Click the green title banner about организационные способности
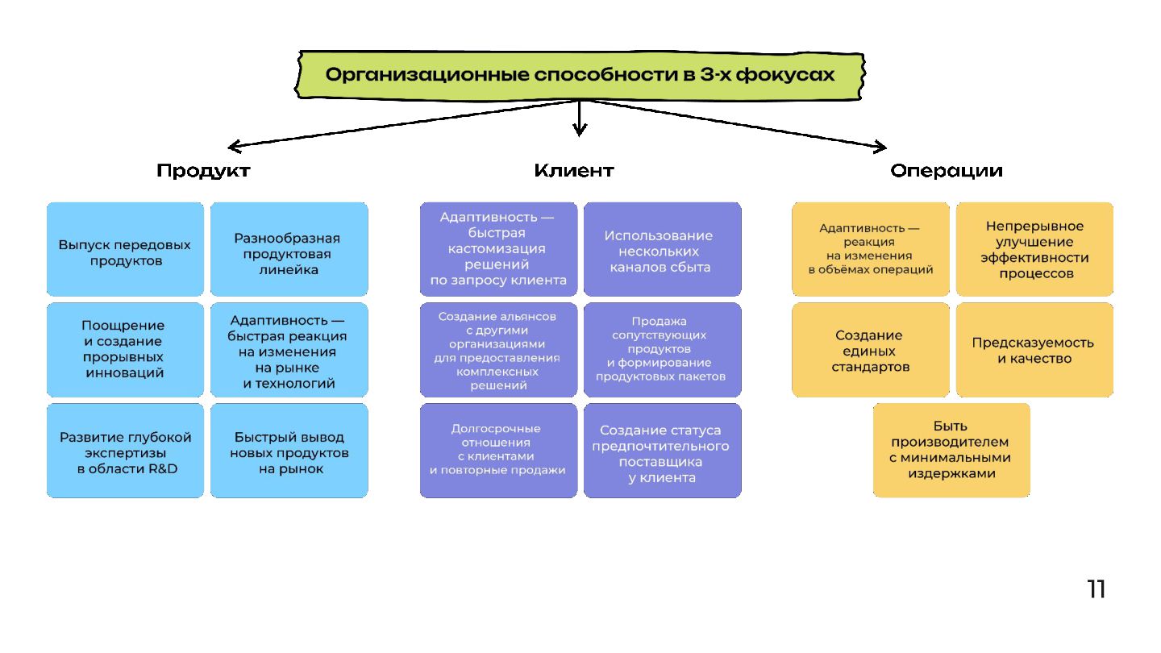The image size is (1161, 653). pos(580,75)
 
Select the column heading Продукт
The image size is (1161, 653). pos(203,171)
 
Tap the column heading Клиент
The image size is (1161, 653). pos(573,171)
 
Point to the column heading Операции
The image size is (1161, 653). pos(947,171)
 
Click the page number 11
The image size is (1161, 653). pos(1096,589)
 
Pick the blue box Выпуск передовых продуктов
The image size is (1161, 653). pos(125,249)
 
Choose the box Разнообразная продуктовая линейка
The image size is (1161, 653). pos(289,249)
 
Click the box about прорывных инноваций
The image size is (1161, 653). pos(125,349)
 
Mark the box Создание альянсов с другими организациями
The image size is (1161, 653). pos(498,349)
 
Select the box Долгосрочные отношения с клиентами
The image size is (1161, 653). pos(498,450)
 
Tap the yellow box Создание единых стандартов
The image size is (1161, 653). pos(870,349)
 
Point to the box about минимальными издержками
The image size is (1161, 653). pos(951,450)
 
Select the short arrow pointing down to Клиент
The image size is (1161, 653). pos(579,119)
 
